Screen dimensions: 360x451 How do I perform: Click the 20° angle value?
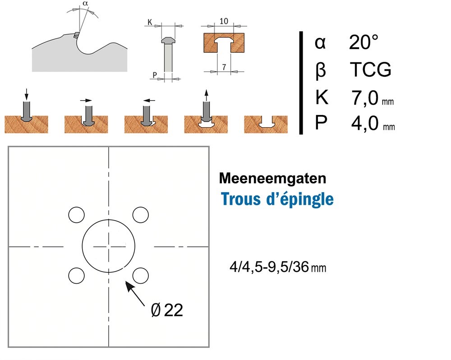tap(363, 43)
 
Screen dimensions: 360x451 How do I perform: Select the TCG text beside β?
tap(370, 70)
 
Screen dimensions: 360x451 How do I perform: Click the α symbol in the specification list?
tap(320, 43)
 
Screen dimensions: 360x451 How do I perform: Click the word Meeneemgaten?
tap(272, 178)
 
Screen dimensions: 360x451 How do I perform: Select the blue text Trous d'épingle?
tap(277, 199)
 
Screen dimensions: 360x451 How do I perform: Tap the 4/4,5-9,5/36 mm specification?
tap(277, 268)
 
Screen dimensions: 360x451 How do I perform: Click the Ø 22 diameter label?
tap(167, 310)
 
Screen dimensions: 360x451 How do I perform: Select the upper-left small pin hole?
tap(77, 215)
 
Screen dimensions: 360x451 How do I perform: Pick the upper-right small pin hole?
tap(140, 215)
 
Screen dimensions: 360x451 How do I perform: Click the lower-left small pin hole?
tap(77, 275)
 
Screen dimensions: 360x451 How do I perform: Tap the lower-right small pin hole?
tap(140, 275)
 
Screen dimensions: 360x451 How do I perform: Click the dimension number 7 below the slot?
tap(224, 67)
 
